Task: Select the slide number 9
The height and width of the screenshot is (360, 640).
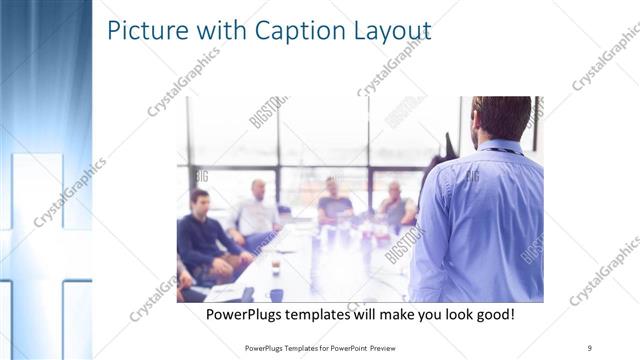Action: point(590,346)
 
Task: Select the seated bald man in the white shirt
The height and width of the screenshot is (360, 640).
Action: point(256,212)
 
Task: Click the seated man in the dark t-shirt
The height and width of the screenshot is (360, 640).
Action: point(334,205)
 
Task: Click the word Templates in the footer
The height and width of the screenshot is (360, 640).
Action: point(295,347)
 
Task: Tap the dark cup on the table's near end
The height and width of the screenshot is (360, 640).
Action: point(276,294)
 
